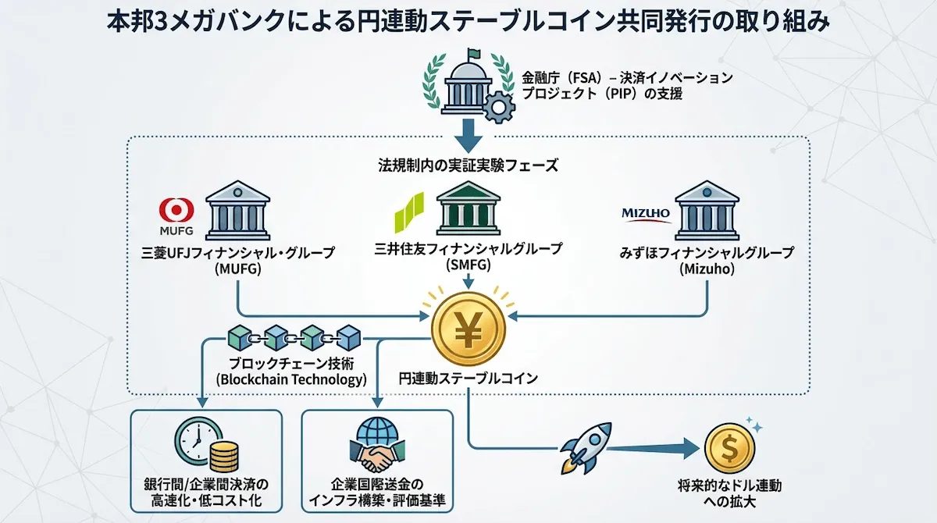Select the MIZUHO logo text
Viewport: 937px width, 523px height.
pyautogui.click(x=646, y=212)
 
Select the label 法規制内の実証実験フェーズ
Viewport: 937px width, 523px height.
pyautogui.click(x=468, y=165)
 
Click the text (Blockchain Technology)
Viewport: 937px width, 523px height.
pyautogui.click(x=290, y=380)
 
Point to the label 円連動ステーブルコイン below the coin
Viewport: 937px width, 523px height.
pyautogui.click(x=468, y=379)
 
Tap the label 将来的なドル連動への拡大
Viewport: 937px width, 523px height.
pyautogui.click(x=729, y=494)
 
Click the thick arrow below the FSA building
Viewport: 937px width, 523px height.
pyautogui.click(x=468, y=133)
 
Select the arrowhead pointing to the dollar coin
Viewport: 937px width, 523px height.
pyautogui.click(x=686, y=448)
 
